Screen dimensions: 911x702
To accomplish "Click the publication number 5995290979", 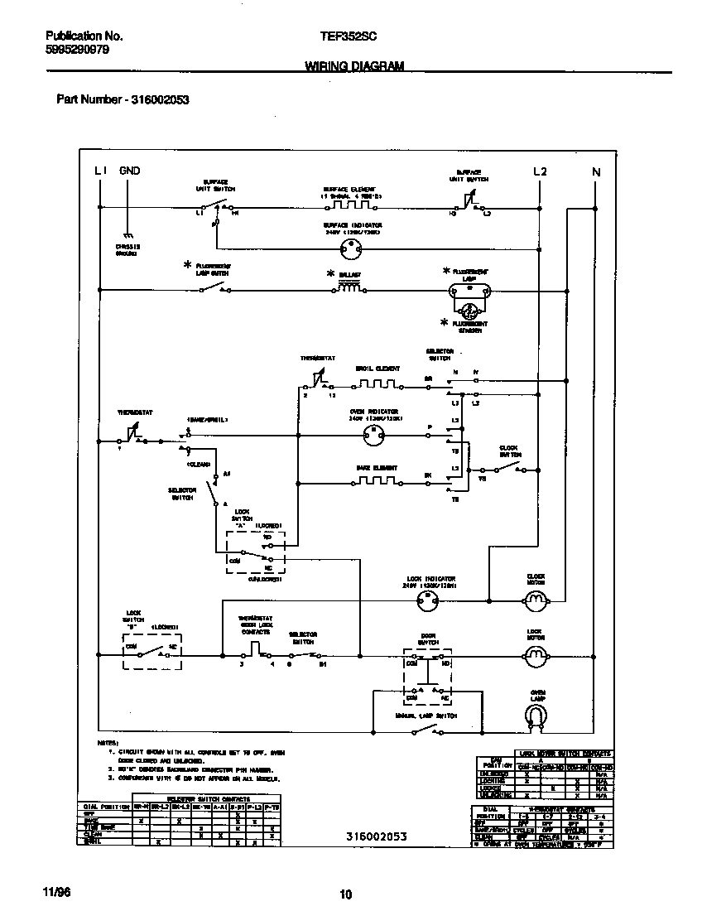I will click(x=77, y=50).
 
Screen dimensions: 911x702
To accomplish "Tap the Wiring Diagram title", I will click(x=354, y=65).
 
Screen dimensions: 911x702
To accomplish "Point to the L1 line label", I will click(x=101, y=171).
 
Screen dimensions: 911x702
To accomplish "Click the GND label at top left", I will click(x=130, y=171).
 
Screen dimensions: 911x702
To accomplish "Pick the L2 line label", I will click(x=540, y=171).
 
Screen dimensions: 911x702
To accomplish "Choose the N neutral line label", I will click(x=595, y=171).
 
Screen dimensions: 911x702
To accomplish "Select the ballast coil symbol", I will click(x=349, y=288).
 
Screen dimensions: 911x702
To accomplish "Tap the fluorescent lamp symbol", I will click(x=469, y=290).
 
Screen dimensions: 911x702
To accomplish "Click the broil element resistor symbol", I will click(x=377, y=384).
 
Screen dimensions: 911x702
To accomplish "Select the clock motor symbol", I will click(x=536, y=600).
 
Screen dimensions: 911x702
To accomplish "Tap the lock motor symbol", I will click(x=536, y=657).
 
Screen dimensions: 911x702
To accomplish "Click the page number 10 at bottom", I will click(x=346, y=894).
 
